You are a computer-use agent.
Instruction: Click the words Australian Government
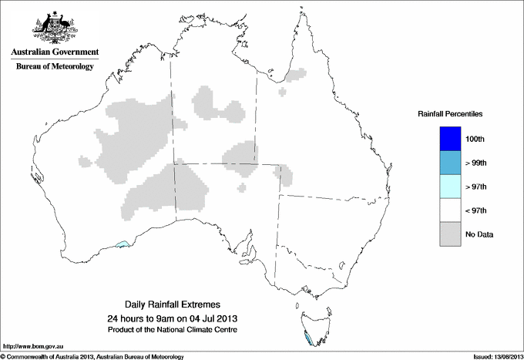[55, 52]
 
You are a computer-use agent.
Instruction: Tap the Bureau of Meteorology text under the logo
[55, 67]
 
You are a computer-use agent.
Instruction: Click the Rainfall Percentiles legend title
[450, 114]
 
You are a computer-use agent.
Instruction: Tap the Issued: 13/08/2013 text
[494, 356]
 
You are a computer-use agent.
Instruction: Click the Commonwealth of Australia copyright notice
[92, 356]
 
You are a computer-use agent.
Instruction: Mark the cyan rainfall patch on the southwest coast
[122, 245]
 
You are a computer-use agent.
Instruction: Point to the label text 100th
[475, 140]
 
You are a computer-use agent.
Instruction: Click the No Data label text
[479, 234]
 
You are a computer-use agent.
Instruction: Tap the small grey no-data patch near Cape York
[293, 76]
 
